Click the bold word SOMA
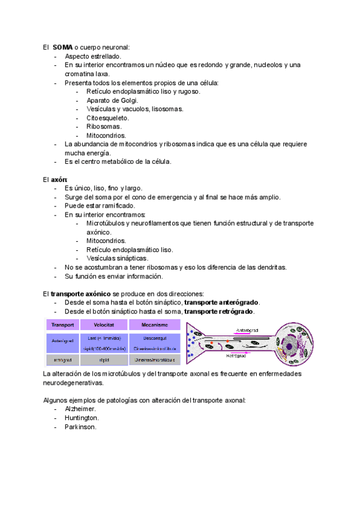point(62,47)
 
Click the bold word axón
point(59,179)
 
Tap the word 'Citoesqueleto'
point(107,118)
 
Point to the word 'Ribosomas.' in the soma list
point(104,127)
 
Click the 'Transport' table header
point(62,325)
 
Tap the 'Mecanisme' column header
point(154,325)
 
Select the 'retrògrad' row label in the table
point(62,360)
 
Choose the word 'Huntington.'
point(82,418)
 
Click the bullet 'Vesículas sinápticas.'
point(117,259)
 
